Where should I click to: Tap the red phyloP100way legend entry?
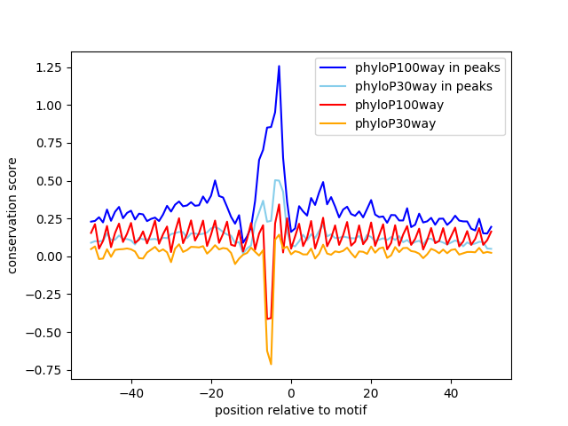(400, 105)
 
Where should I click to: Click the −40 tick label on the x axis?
(130, 392)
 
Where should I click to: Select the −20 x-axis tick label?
(210, 392)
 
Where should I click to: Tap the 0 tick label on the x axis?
(291, 392)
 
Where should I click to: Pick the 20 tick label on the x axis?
(371, 392)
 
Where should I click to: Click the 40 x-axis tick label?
(451, 392)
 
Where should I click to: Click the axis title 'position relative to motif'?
(290, 410)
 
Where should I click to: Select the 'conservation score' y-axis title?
(13, 216)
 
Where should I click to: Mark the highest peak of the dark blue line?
(279, 66)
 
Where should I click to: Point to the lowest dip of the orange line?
(271, 364)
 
